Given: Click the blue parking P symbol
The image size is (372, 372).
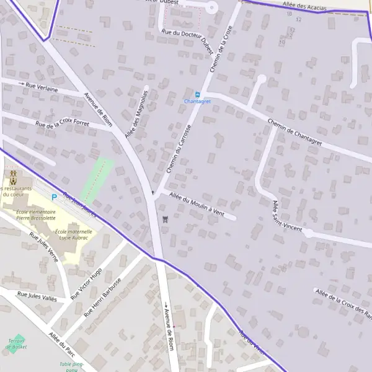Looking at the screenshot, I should [54, 197].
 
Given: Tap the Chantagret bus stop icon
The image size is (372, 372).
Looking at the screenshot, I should [198, 94].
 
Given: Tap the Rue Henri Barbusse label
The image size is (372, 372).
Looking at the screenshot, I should [103, 299].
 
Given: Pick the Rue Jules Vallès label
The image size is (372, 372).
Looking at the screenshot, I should [37, 296].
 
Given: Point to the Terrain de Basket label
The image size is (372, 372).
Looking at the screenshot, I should [17, 343].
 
